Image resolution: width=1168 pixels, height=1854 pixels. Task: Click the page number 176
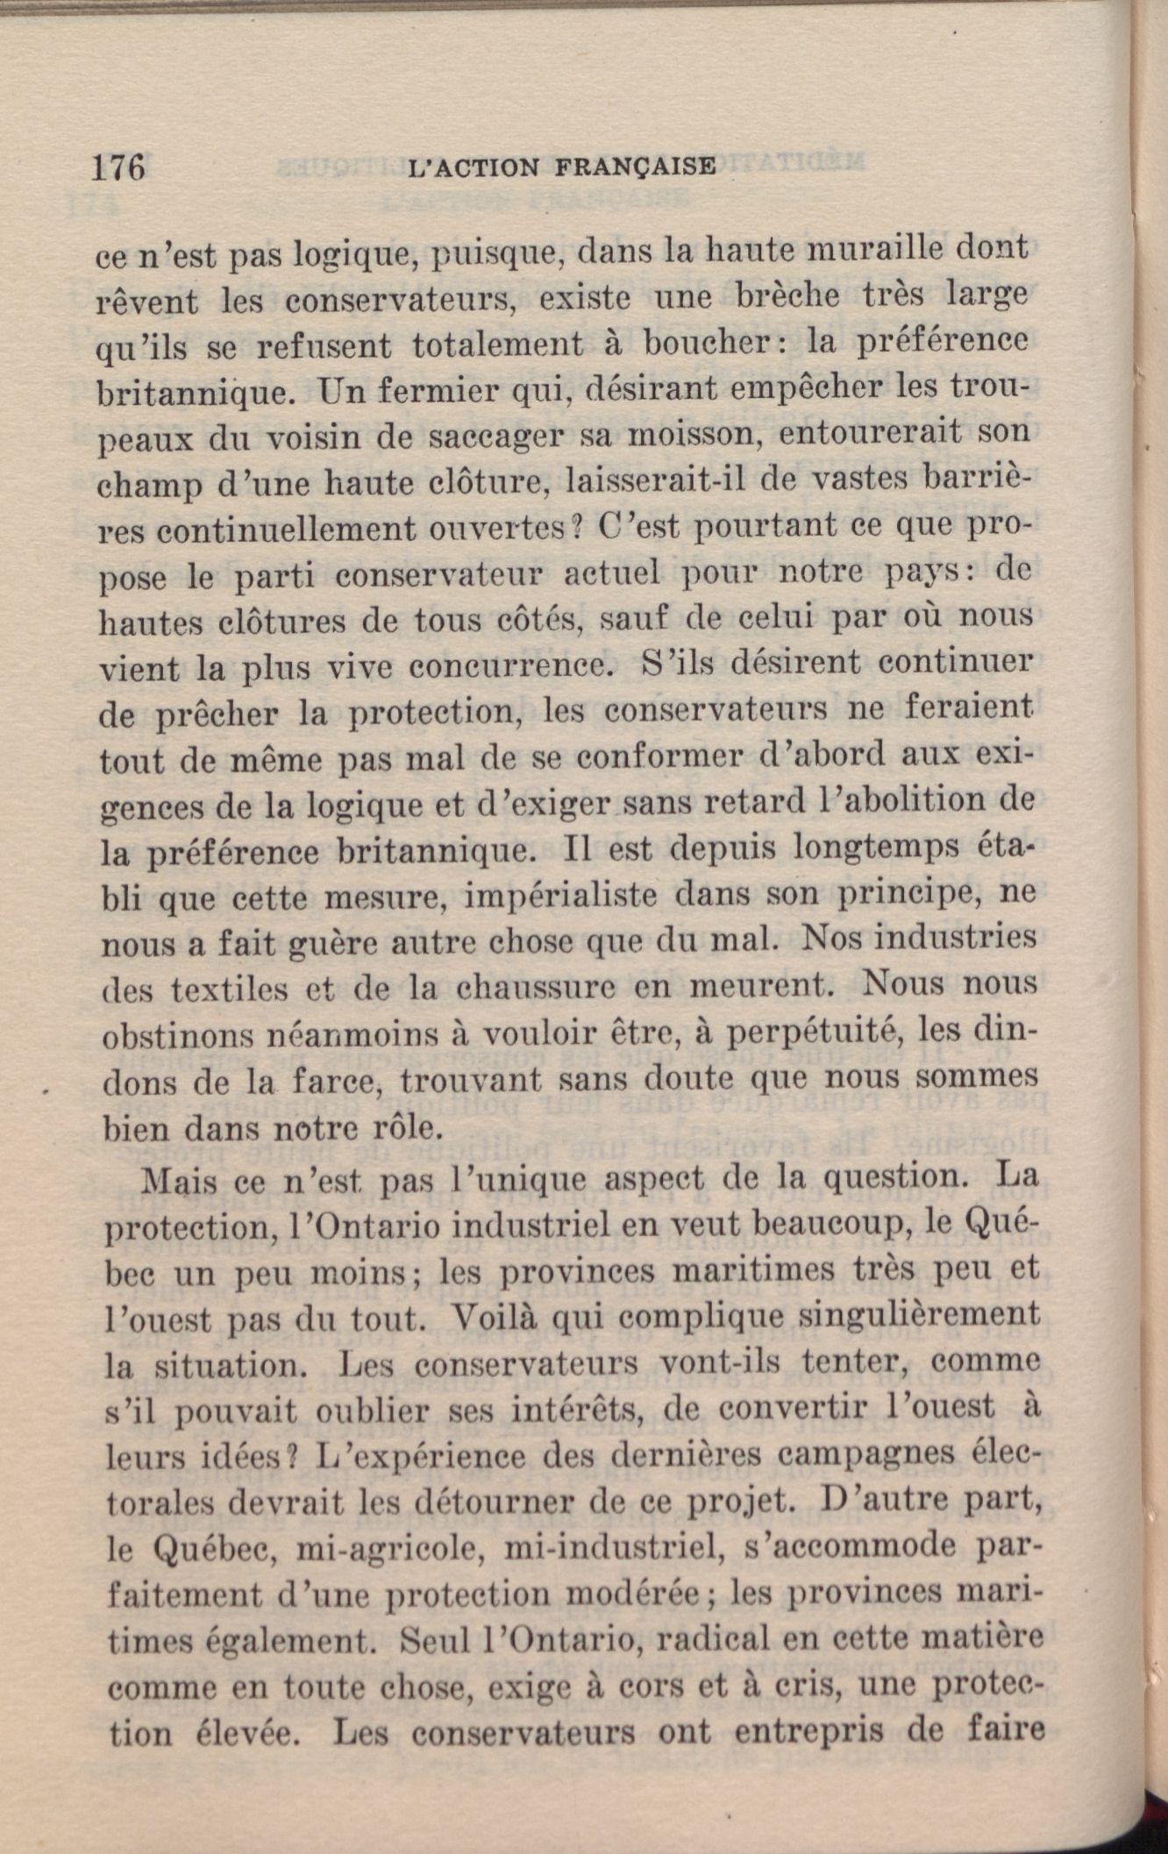[x=118, y=167]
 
